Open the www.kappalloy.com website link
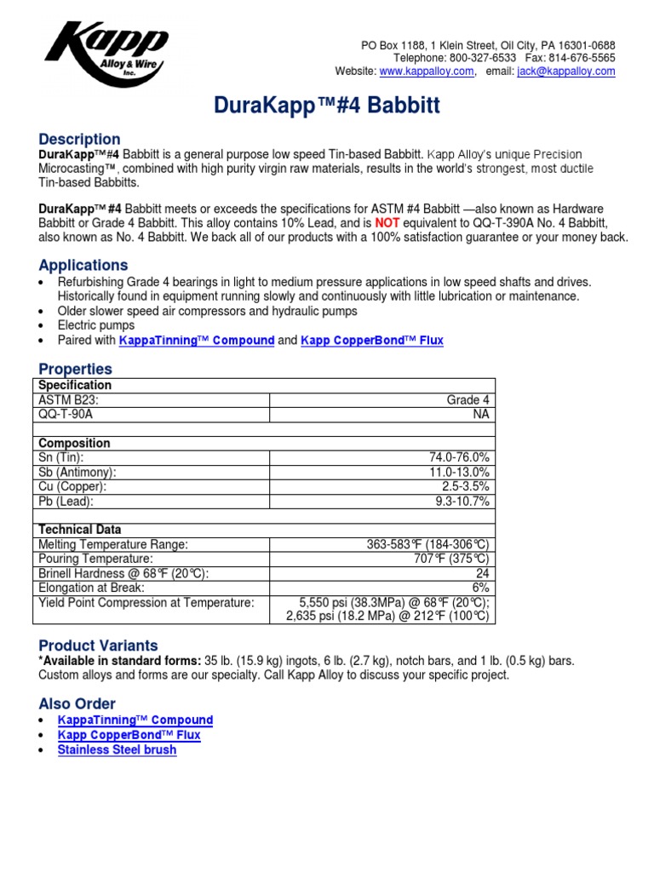426,72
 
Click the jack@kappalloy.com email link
565,72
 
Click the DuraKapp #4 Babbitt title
326,106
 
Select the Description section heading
79,139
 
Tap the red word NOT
387,222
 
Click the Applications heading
83,265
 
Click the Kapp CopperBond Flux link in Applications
372,340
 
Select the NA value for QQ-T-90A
481,414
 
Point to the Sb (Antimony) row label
77,472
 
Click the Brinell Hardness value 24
482,573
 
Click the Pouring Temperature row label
96,559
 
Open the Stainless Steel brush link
117,749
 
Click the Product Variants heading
98,645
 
